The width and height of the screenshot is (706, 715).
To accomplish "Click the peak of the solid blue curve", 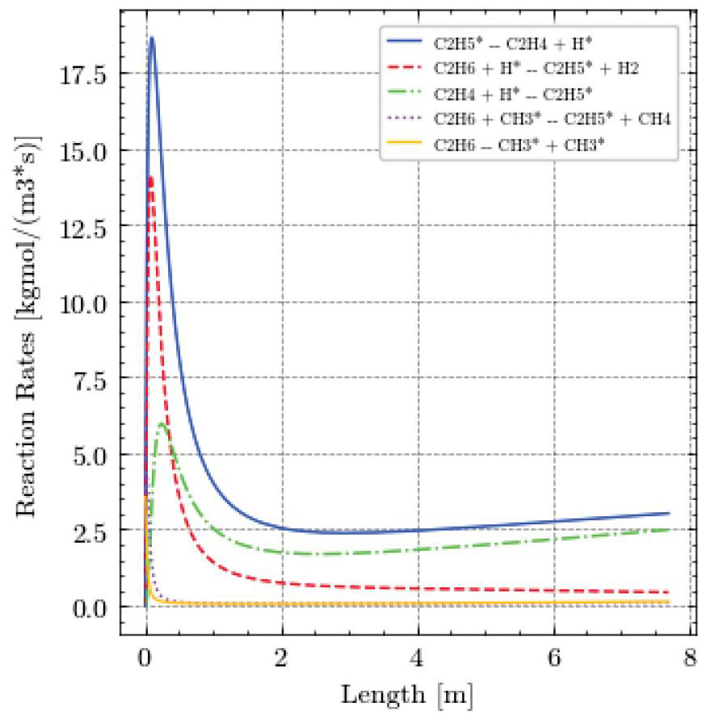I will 151,38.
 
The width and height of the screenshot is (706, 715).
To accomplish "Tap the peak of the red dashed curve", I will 150,176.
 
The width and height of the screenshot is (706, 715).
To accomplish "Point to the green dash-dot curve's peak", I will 162,423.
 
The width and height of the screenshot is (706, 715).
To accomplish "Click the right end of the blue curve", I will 669,513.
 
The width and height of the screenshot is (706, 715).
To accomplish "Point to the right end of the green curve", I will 669,530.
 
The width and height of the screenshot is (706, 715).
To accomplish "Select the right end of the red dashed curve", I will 669,592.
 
